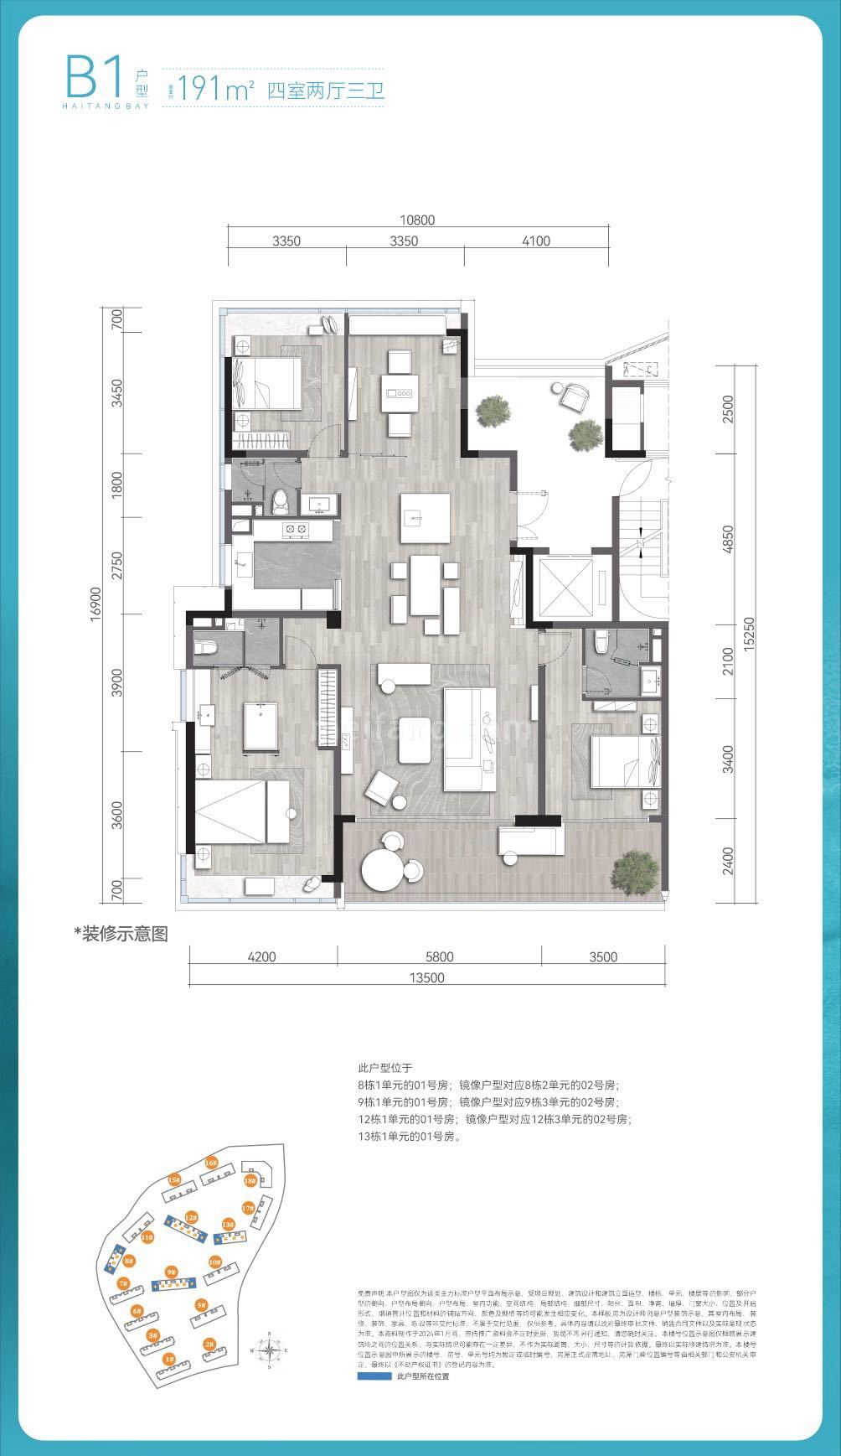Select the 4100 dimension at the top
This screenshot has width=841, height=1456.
(x=535, y=241)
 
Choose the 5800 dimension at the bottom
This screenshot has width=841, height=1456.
(x=438, y=957)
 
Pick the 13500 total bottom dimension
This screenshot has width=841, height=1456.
(x=426, y=977)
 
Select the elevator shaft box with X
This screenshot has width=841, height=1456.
(x=565, y=587)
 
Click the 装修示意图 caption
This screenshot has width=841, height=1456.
(x=121, y=934)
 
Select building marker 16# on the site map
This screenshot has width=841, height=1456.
(x=211, y=1163)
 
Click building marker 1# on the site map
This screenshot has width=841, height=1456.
(x=169, y=1358)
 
